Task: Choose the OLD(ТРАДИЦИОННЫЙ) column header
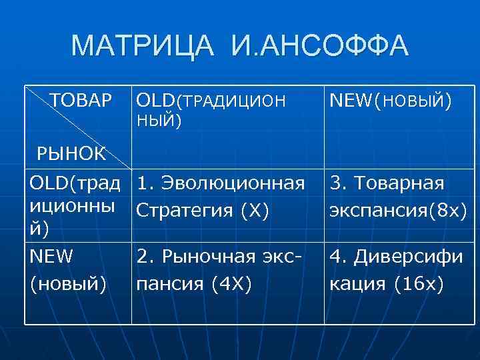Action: [210, 110]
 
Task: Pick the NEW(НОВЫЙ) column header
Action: [390, 101]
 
